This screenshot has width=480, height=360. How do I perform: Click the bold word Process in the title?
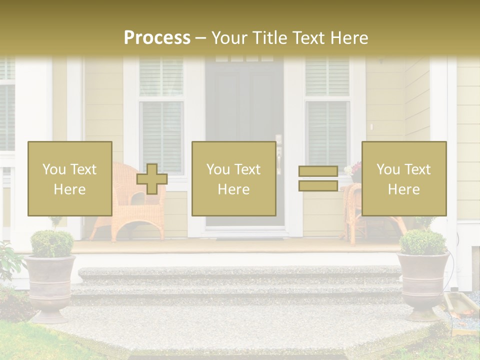coord(157,38)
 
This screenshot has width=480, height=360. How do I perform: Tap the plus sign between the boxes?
coord(152,179)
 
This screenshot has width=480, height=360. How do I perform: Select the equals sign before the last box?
coord(318,178)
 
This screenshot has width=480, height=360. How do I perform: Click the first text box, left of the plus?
coord(70,178)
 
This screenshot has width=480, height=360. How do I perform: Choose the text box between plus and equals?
coord(234,178)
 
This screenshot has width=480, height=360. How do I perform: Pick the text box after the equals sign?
coord(404,178)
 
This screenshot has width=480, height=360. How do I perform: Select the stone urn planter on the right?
coord(423,285)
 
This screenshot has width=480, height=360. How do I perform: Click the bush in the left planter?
coord(52,243)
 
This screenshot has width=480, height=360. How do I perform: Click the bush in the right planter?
coord(423,241)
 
